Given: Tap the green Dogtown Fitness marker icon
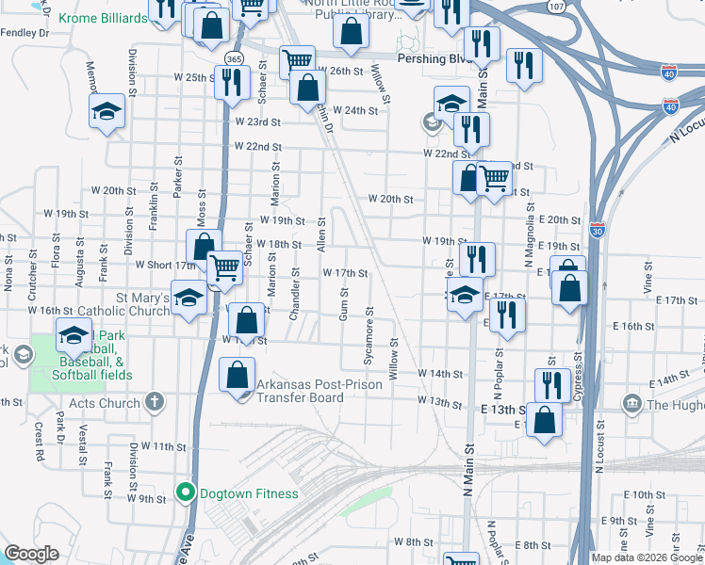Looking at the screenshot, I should coord(186,492).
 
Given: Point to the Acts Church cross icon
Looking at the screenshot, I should coord(155,402).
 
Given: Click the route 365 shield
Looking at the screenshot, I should coord(233,57).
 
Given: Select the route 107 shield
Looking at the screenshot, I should coord(557,7).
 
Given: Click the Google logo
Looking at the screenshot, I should coord(32,554).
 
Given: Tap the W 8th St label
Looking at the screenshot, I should coord(413,541).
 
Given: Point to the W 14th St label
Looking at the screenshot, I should coord(439,374).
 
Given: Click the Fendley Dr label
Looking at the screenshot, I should coord(24,32).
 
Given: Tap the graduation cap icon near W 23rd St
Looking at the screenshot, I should coord(107,111).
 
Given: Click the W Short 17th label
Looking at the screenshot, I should coord(166,266).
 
